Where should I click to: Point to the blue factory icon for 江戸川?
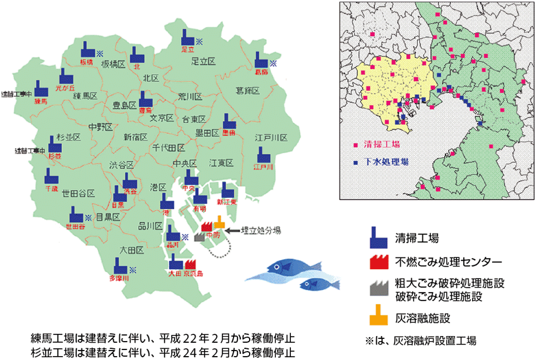pos(262,154)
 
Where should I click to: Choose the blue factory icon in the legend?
pos(379,237)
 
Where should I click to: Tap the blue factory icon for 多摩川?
pos(119,265)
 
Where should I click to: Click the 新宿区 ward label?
pos(135,137)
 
